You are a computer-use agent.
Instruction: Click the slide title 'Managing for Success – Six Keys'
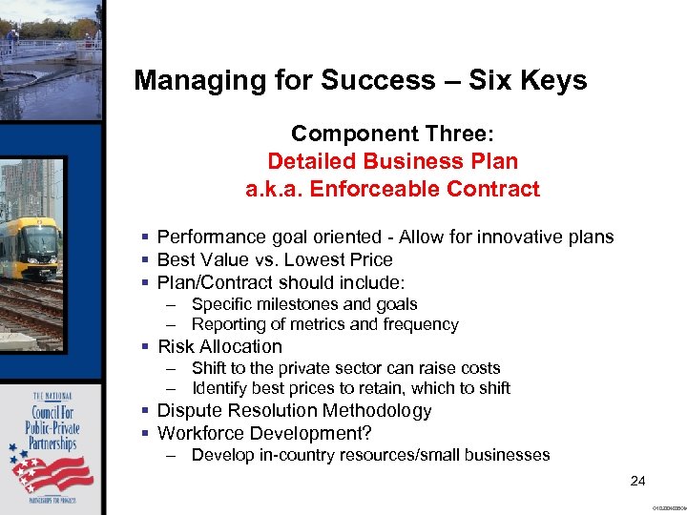pyautogui.click(x=360, y=80)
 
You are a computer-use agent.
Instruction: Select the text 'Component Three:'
pyautogui.click(x=392, y=133)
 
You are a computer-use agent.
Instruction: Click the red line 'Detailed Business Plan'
pyautogui.click(x=392, y=161)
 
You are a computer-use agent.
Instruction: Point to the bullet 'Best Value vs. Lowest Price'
pyautogui.click(x=275, y=259)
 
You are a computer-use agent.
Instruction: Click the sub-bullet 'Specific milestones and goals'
pyautogui.click(x=304, y=304)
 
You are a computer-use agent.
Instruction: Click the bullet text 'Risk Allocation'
pyautogui.click(x=219, y=346)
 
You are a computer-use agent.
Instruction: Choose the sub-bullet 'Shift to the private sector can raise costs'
pyautogui.click(x=345, y=368)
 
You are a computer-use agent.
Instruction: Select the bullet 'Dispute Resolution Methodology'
pyautogui.click(x=294, y=410)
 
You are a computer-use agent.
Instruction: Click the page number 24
pyautogui.click(x=638, y=481)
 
